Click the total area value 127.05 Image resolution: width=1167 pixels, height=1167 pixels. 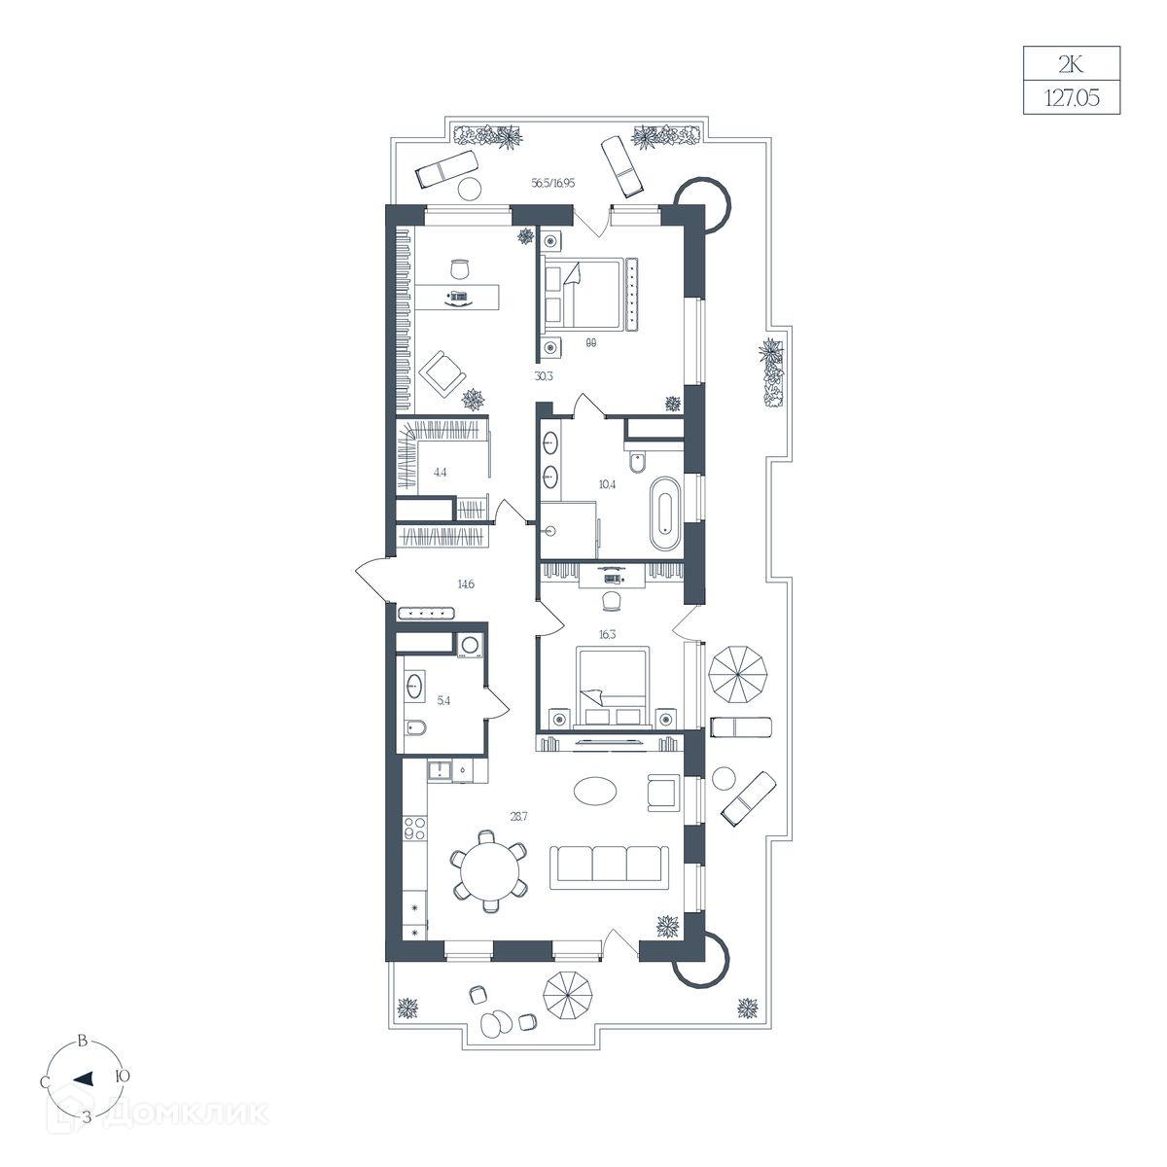[x=1072, y=98]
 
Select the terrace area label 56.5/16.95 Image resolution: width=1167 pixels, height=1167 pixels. [x=553, y=183]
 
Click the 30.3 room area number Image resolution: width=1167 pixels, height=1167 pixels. [x=544, y=376]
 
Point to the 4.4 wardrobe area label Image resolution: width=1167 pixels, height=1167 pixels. [x=441, y=473]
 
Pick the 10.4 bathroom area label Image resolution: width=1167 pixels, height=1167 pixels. [x=607, y=484]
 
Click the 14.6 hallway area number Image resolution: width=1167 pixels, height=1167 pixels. [x=466, y=584]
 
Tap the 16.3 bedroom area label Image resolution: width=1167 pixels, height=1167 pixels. [x=608, y=635]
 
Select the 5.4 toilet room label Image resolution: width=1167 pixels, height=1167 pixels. [x=443, y=700]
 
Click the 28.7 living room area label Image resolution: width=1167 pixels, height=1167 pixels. [x=518, y=816]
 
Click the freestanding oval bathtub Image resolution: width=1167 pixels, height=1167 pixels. [x=665, y=514]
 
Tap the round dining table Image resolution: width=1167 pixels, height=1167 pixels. [x=489, y=871]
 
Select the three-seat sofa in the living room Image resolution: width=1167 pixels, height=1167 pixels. [x=609, y=867]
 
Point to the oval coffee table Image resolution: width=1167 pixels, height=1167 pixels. [x=596, y=791]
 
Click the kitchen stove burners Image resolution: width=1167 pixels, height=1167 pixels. [x=415, y=829]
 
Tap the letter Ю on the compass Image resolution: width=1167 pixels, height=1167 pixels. [x=123, y=1077]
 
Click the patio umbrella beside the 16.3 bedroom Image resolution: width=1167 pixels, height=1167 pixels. [x=738, y=675]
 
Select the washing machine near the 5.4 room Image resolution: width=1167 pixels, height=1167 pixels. [x=471, y=645]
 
